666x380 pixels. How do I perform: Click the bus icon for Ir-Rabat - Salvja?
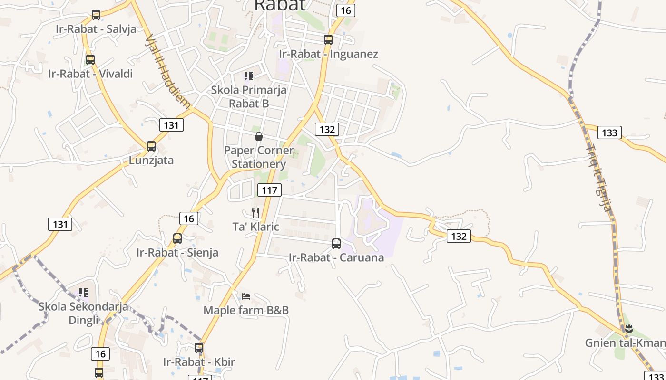(x=96, y=15)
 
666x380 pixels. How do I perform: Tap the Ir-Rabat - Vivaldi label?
(x=90, y=74)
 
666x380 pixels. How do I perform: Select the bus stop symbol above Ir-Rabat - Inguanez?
(x=328, y=40)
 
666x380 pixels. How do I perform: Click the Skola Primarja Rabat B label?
(x=249, y=96)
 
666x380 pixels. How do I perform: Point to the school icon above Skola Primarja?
(x=248, y=76)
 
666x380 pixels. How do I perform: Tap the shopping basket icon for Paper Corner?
(x=259, y=137)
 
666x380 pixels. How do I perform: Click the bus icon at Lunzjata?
(x=151, y=146)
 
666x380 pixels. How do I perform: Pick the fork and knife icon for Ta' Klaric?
(x=256, y=212)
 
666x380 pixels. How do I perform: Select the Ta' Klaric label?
(x=255, y=227)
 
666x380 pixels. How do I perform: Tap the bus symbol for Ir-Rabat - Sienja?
(x=177, y=238)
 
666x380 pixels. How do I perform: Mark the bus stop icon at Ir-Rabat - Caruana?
(x=336, y=244)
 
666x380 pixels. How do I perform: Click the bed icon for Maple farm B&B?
(x=246, y=296)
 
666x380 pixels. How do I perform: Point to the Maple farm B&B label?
(x=246, y=310)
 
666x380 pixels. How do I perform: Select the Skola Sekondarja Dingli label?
(x=83, y=313)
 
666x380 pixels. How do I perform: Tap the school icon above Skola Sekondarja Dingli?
(x=83, y=293)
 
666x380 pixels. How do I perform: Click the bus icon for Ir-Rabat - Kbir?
(x=199, y=348)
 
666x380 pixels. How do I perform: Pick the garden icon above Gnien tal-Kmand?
(x=629, y=328)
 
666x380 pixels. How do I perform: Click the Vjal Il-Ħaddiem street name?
(x=168, y=71)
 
